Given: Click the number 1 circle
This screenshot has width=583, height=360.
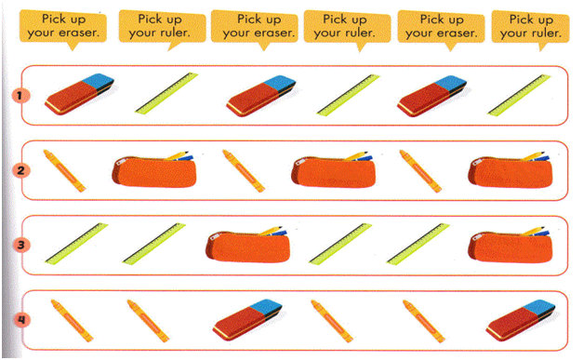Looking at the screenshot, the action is [20, 96].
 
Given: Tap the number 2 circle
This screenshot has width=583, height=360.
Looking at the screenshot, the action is [20, 170].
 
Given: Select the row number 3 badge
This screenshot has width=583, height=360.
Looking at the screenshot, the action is [20, 245].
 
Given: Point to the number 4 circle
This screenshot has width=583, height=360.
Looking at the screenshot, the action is [21, 320].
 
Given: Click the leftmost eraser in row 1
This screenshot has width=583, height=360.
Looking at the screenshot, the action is [79, 93].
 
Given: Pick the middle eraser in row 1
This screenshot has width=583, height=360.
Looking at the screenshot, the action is [261, 95].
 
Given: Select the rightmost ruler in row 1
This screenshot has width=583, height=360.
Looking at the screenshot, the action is [520, 95].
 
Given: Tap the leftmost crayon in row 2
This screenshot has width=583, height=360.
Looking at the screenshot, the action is [64, 171].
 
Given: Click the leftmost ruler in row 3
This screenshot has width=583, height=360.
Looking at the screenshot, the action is [76, 244].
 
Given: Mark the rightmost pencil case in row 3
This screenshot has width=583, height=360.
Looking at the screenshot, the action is [510, 245].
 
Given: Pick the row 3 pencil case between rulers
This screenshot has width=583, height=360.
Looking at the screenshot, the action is [247, 245].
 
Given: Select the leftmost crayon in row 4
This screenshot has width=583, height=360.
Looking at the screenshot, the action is [72, 321].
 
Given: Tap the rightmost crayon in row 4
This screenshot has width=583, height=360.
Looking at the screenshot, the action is [424, 321].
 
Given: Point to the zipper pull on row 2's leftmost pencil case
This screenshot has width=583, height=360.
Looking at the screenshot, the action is [121, 162].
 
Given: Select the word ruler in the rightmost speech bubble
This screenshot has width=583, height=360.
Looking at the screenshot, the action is [546, 33].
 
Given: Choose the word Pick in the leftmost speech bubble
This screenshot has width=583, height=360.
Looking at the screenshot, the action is [51, 19].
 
